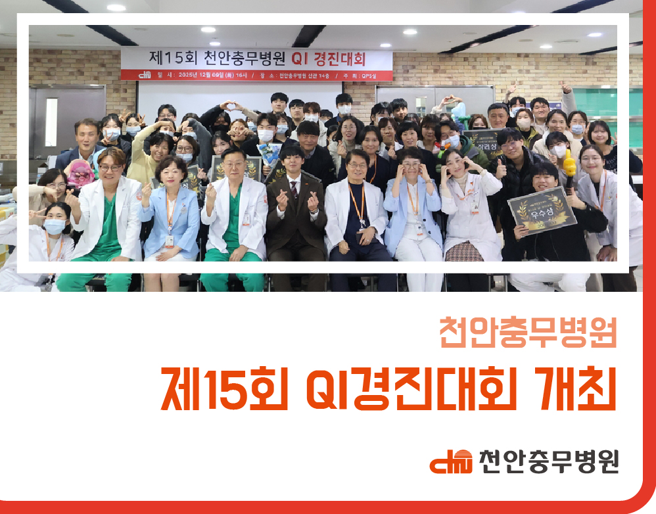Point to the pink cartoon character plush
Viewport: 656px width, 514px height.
coord(82,172)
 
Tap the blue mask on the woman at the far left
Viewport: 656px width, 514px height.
coord(55,227)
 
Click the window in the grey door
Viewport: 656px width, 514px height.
coord(51,122)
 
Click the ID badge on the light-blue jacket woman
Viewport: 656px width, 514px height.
coord(170,239)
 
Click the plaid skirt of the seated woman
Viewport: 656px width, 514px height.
coord(463,252)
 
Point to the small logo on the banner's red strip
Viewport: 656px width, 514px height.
coord(145,74)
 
